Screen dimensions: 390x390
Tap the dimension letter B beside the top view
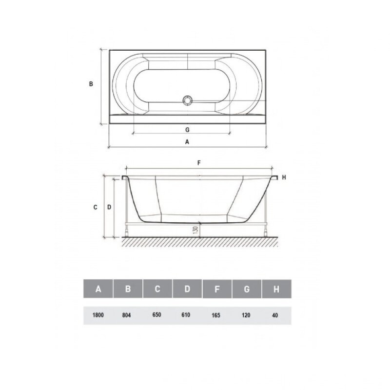[x=91, y=84]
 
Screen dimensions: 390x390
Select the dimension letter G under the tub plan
[x=187, y=130]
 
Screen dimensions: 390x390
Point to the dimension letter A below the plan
[x=187, y=142]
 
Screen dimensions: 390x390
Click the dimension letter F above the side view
[x=199, y=163]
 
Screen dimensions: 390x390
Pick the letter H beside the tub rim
[x=284, y=177]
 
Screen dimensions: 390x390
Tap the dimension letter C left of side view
[x=95, y=207]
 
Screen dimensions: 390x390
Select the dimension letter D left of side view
[x=109, y=207]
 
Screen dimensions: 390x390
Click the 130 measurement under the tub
[x=195, y=230]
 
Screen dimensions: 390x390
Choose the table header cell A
[x=98, y=289]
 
